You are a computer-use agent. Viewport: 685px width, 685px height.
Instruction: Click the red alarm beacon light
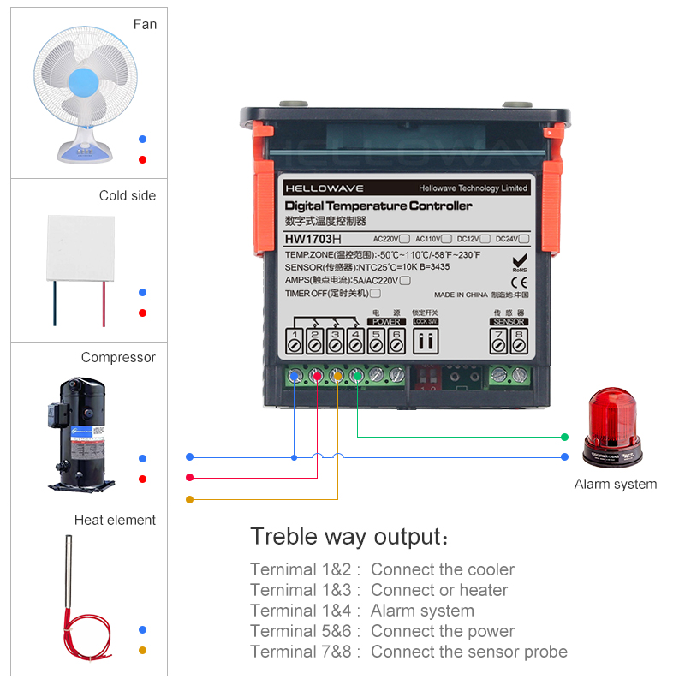coord(612,428)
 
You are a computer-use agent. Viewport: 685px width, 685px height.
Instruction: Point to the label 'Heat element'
coord(115,520)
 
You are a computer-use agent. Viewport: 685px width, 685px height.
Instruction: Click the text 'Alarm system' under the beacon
coord(615,484)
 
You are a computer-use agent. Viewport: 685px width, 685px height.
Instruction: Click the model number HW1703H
coord(313,239)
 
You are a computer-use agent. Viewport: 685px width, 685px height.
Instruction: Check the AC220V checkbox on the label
coord(404,239)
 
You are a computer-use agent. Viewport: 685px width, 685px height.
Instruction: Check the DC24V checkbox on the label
coord(524,239)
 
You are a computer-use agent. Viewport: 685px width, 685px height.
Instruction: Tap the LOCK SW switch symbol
coord(426,341)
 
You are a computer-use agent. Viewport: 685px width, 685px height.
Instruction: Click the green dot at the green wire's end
coord(564,437)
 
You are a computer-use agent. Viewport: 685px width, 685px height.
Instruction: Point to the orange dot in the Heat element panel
coord(142,650)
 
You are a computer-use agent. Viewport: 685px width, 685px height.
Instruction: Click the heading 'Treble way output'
coord(347,537)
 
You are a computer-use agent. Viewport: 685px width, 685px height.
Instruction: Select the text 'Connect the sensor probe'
coord(468,652)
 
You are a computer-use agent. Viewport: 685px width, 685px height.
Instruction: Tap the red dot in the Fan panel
coord(142,159)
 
